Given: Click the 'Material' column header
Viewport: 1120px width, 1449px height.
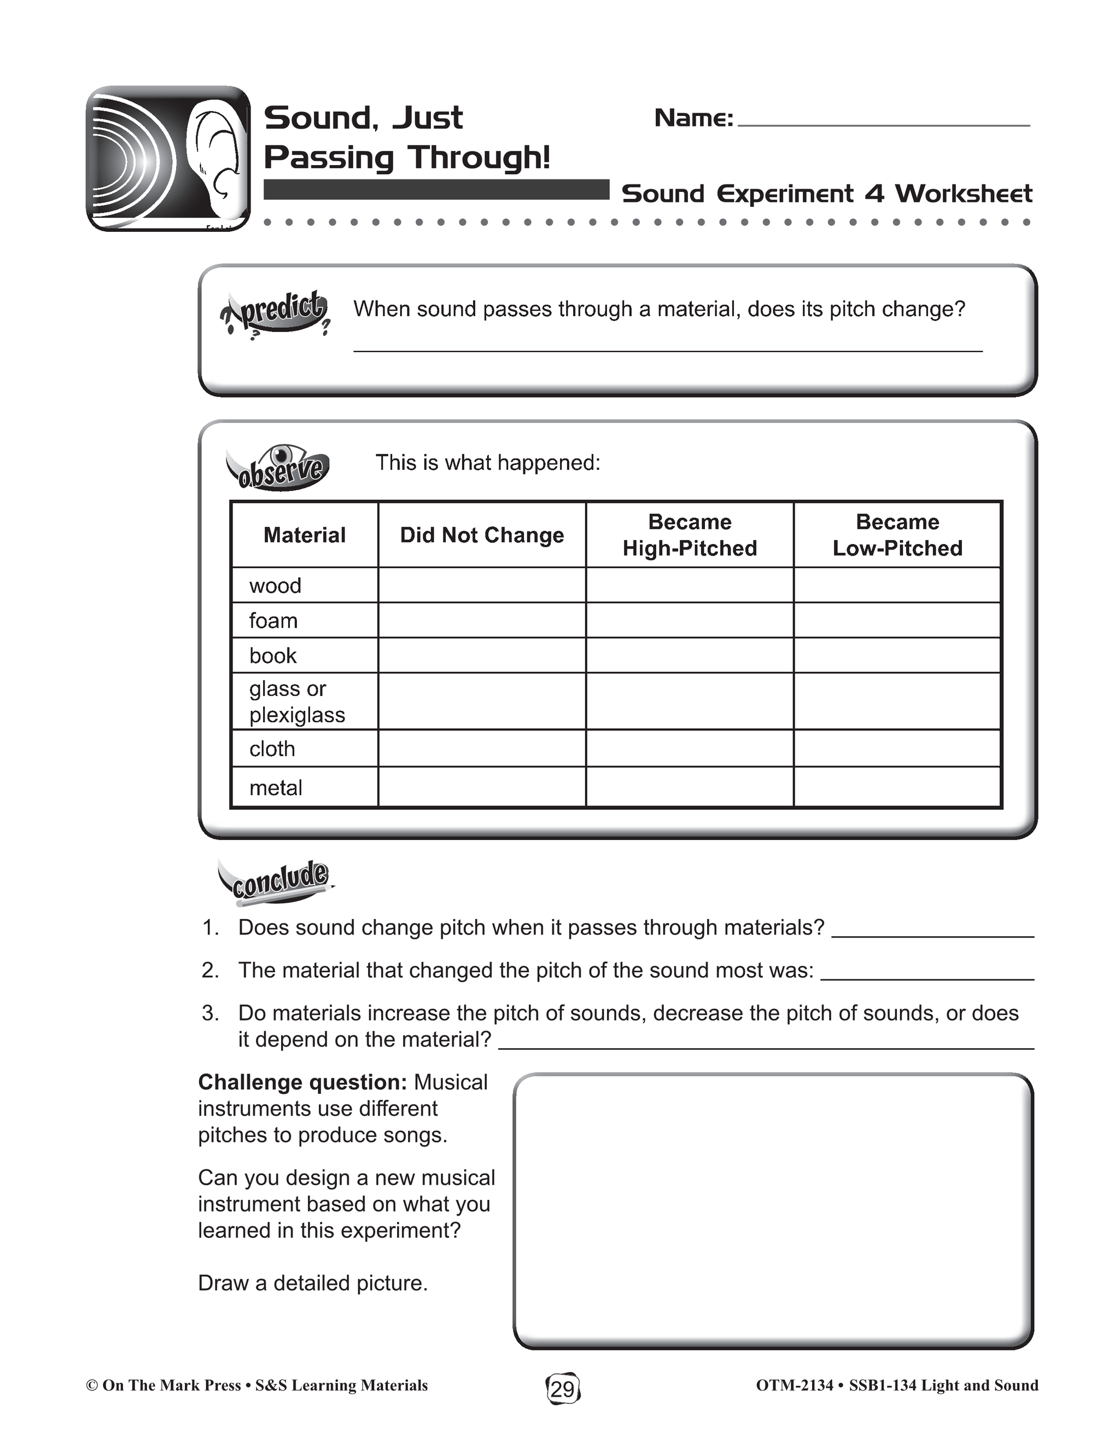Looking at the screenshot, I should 305,535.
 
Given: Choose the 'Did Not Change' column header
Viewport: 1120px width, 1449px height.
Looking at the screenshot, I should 482,535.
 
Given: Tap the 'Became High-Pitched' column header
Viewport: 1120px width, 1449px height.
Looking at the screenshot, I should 690,535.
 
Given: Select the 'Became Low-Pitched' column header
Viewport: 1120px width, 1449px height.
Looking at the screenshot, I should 897,535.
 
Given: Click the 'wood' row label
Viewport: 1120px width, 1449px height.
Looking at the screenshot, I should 276,586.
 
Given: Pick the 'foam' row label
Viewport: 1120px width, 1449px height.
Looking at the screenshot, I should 273,621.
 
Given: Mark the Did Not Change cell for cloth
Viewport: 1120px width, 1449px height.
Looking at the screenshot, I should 482,749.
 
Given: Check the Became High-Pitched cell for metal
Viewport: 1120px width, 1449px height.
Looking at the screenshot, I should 690,787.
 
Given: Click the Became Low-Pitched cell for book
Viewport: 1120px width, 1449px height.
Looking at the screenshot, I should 897,656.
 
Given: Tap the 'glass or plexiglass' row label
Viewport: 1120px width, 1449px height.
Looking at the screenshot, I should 297,702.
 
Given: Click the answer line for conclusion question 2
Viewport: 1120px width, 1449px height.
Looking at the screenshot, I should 927,976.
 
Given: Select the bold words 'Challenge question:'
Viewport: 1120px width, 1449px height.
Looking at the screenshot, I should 302,1083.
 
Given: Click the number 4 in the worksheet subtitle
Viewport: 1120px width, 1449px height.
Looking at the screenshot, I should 874,194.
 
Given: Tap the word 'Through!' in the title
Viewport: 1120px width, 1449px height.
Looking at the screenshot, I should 479,158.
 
